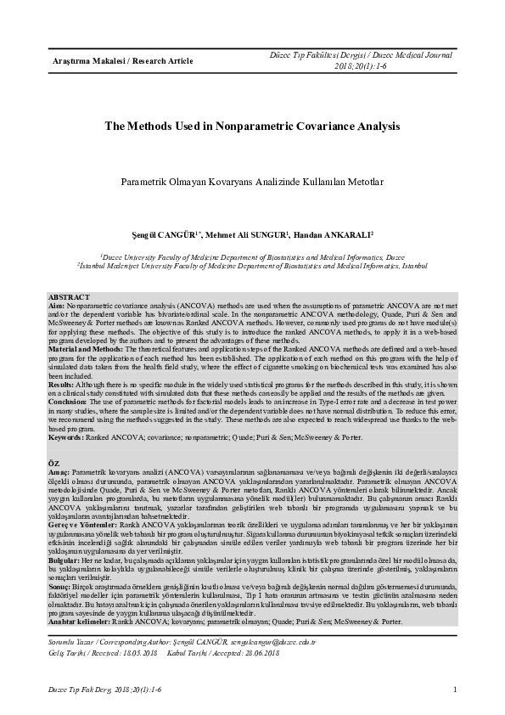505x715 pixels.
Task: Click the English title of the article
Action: click(252, 126)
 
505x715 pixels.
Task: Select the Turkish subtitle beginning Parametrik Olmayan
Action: click(252, 183)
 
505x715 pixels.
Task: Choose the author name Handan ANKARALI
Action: click(337, 234)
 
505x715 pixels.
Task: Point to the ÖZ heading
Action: click(53, 460)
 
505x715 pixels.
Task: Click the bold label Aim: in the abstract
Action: click(56, 304)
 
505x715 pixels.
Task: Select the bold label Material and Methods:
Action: click(87, 350)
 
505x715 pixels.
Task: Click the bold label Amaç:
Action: click(59, 469)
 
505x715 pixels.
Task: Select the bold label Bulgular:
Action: click(65, 560)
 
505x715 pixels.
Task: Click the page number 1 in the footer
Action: click(456, 690)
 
